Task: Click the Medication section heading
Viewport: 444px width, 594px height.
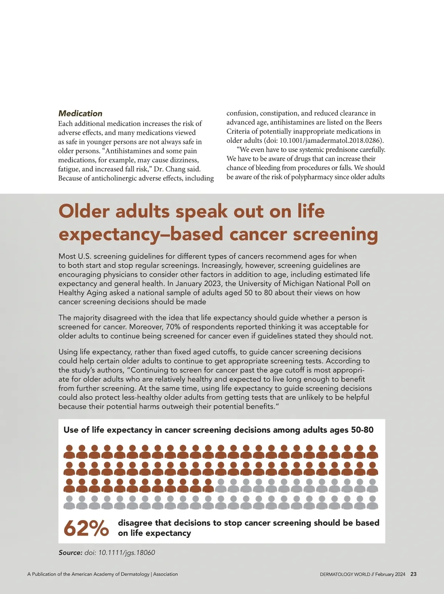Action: click(x=80, y=114)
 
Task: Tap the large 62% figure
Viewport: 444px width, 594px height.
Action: click(x=86, y=528)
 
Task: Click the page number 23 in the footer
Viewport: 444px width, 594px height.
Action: click(x=413, y=574)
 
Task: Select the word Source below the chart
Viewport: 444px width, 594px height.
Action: click(x=70, y=553)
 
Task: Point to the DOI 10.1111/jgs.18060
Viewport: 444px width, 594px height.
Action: click(x=120, y=553)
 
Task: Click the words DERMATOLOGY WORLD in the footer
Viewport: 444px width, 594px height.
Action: click(x=345, y=574)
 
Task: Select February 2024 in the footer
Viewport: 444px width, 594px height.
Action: click(x=390, y=574)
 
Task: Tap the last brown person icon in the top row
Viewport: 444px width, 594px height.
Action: click(x=372, y=452)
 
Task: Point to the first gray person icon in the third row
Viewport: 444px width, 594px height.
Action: click(x=221, y=485)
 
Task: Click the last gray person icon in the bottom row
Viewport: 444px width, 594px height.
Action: click(x=372, y=502)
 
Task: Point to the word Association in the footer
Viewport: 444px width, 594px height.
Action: click(x=165, y=574)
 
